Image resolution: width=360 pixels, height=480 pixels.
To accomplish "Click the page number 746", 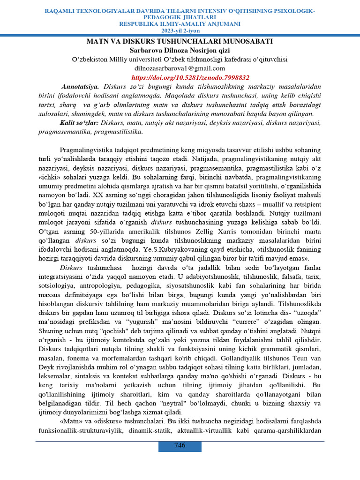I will tap(180, 445).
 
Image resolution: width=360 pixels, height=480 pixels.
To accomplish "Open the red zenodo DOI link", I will tap(190, 77).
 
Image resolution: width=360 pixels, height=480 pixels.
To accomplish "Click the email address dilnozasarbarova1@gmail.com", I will tap(180, 68).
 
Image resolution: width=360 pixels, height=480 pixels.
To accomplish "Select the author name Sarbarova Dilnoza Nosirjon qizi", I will tap(180, 50).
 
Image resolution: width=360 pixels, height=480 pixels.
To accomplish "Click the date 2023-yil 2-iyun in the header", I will tap(180, 30).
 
